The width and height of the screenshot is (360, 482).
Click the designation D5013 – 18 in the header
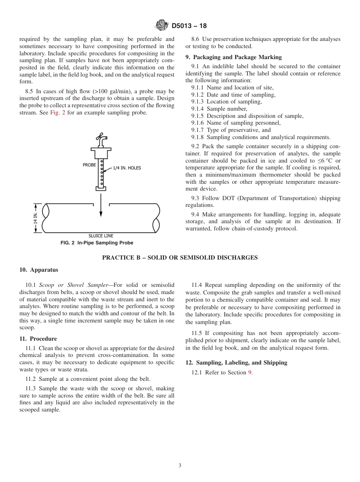pos(189,26)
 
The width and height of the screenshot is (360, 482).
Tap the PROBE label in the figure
pos(89,165)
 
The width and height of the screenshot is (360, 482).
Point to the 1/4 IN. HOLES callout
pos(127,168)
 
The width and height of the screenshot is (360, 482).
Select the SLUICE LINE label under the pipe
pos(101,236)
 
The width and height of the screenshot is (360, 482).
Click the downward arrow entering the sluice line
pos(101,207)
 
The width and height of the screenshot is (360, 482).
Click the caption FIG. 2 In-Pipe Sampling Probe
pos(97,243)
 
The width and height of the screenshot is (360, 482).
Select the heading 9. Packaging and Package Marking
pos(233,57)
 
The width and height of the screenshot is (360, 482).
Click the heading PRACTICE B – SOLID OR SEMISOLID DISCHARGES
pos(180,258)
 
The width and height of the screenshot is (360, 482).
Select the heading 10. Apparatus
pos(39,270)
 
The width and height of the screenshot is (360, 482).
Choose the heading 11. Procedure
pos(38,339)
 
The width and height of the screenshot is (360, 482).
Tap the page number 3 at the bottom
pos(180,466)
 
